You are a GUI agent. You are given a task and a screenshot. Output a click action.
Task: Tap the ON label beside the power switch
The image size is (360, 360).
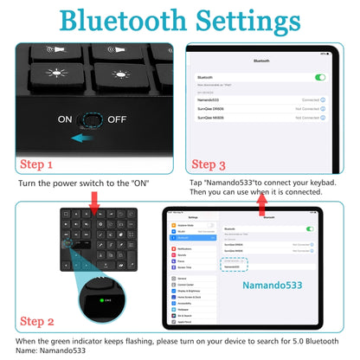tap(66, 119)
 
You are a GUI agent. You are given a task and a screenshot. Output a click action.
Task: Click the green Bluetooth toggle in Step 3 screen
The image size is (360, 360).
tap(320, 77)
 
